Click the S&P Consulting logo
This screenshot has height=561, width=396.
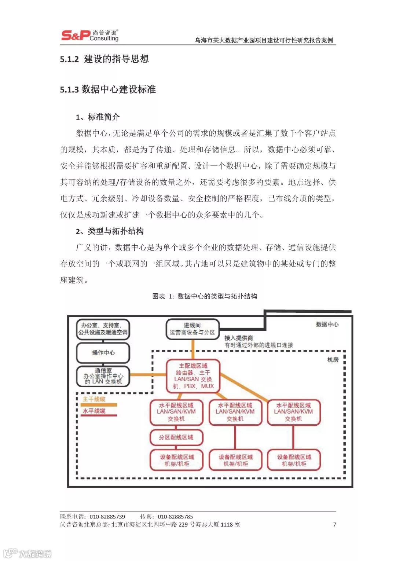[90, 35]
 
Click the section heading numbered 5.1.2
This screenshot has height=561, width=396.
[104, 59]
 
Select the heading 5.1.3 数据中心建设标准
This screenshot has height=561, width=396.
[108, 89]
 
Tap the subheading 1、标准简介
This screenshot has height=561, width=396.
[98, 117]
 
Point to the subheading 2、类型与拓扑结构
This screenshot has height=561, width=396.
[110, 231]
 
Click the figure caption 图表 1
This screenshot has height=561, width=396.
[205, 296]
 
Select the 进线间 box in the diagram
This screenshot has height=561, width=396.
[192, 329]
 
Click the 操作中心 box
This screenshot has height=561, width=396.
[103, 353]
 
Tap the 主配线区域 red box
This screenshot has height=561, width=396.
[193, 376]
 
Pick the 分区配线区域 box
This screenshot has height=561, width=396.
[176, 437]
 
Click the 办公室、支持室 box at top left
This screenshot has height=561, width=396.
[103, 329]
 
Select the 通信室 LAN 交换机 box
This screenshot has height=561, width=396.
[103, 376]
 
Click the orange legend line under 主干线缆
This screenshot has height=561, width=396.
[99, 405]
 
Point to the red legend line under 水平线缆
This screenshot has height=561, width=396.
[99, 415]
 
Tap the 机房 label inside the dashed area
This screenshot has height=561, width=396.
[333, 360]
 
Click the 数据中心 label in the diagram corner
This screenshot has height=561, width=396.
[327, 324]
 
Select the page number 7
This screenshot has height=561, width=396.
[334, 524]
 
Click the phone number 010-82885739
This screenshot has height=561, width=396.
[107, 517]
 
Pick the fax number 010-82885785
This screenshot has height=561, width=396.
[175, 517]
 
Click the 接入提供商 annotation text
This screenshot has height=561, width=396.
[239, 338]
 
